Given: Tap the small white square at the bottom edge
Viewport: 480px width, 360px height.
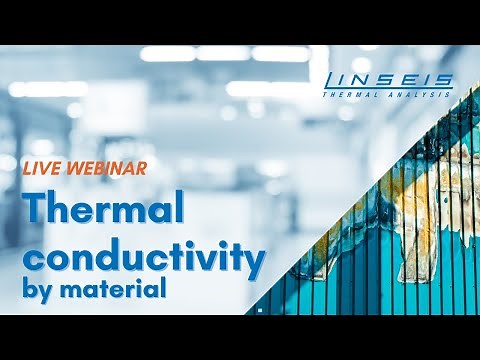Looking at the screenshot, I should (x=259, y=312).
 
